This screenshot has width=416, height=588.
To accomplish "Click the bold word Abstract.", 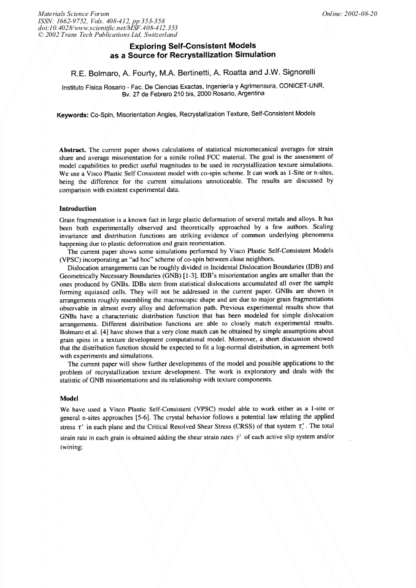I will click(72, 150).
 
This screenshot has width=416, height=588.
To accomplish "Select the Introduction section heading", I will click(78, 208).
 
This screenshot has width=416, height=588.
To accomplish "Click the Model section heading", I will click(69, 399).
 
